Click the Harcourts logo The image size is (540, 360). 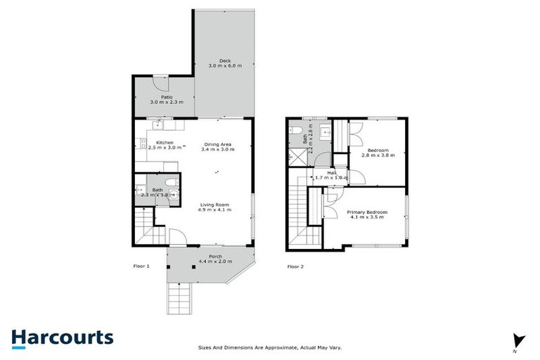62,337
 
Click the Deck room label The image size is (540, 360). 224,60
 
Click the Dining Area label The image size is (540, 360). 217,144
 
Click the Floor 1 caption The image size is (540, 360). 142,266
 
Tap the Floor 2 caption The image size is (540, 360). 296,266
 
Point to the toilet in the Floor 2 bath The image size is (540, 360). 297,131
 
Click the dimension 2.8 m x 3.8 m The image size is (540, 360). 373,155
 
